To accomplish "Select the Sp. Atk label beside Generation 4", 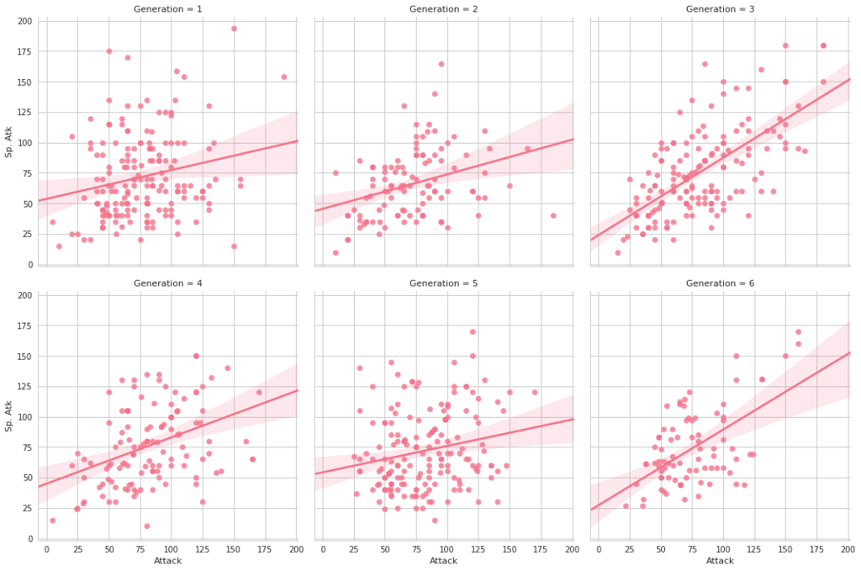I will click(x=9, y=416).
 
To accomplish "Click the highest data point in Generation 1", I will click(x=234, y=29).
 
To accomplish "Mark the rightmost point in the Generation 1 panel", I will click(x=283, y=77).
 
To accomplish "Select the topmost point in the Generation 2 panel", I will click(x=441, y=64).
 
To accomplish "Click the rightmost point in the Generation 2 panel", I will click(x=552, y=215).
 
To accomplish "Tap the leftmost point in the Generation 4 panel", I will click(x=52, y=521).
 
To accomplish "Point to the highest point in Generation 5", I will click(x=473, y=331).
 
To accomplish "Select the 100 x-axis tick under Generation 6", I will click(x=723, y=548).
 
